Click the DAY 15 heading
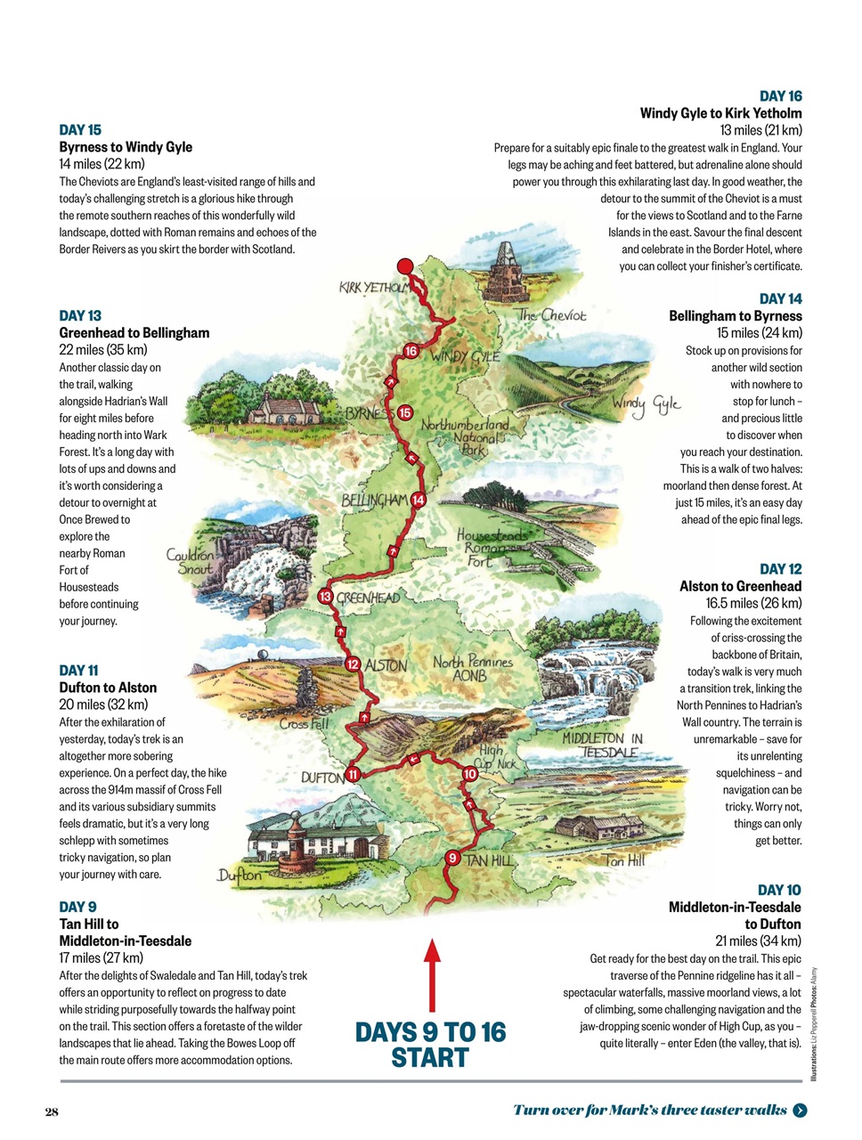80,130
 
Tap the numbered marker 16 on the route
411,351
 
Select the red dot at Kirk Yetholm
405,265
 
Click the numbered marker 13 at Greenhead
325,597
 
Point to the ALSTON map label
386,665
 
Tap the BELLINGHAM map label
374,501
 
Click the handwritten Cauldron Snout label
190,562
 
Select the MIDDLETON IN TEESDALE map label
602,745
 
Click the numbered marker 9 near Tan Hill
452,859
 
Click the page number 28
52,1111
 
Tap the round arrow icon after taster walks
800,1110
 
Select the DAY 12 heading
780,569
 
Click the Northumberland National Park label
467,436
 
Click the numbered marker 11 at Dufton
353,775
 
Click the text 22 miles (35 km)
103,350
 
